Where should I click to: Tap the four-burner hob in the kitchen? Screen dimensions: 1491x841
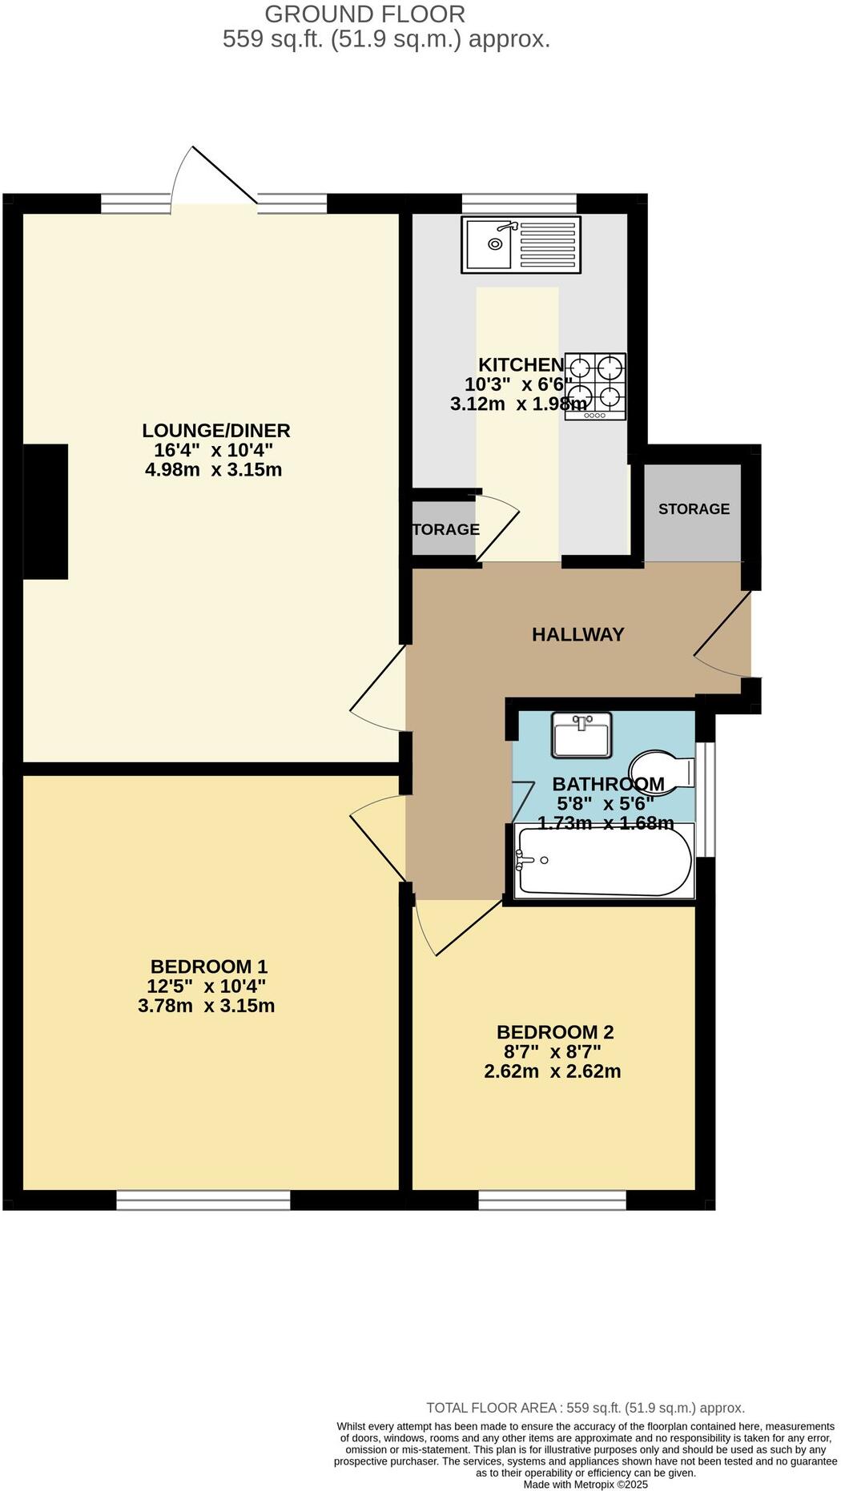click(x=594, y=386)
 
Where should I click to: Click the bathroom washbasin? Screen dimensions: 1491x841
click(x=581, y=734)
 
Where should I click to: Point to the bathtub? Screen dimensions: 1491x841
click(x=604, y=861)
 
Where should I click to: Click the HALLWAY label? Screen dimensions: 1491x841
click(x=577, y=634)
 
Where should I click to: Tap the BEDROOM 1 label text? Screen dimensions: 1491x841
click(x=208, y=966)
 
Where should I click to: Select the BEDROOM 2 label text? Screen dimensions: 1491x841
click(x=554, y=1031)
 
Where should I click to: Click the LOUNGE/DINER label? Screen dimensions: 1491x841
click(x=215, y=430)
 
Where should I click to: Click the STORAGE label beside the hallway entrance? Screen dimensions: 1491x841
click(x=694, y=508)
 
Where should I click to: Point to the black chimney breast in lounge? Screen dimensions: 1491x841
click(x=45, y=511)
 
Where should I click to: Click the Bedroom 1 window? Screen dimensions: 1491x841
click(x=203, y=1199)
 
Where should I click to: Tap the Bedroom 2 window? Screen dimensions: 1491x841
click(x=552, y=1199)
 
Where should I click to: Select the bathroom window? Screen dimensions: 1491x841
click(x=705, y=798)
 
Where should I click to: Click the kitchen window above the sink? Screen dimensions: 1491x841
click(x=519, y=203)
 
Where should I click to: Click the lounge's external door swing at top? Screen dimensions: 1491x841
click(x=212, y=176)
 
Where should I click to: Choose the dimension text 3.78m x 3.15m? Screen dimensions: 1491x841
click(x=206, y=1006)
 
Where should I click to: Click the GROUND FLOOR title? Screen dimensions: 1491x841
click(x=364, y=14)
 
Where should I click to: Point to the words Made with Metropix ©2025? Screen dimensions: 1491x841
click(x=585, y=1484)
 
